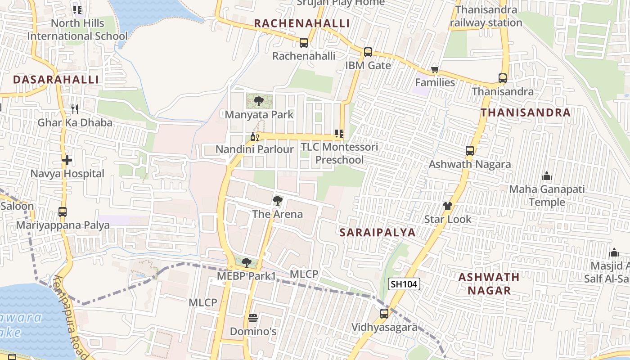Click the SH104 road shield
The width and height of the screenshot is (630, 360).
pyautogui.click(x=404, y=284)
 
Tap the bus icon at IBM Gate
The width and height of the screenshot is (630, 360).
pyautogui.click(x=368, y=52)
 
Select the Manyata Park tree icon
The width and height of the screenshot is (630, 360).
pyautogui.click(x=258, y=101)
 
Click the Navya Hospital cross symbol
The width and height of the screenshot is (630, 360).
pyautogui.click(x=67, y=160)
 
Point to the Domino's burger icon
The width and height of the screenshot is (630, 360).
pyautogui.click(x=252, y=318)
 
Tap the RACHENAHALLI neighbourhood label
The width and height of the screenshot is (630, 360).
pyautogui.click(x=301, y=23)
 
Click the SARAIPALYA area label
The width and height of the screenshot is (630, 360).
pyautogui.click(x=378, y=232)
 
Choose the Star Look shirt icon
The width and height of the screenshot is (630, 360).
pyautogui.click(x=447, y=207)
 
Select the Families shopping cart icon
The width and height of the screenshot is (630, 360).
pyautogui.click(x=435, y=69)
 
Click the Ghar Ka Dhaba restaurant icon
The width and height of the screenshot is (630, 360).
pyautogui.click(x=75, y=109)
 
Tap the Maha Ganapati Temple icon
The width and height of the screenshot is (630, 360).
pyautogui.click(x=547, y=176)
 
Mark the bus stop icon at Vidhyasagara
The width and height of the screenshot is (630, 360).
pyautogui.click(x=384, y=314)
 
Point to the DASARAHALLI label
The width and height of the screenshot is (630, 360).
pyautogui.click(x=56, y=80)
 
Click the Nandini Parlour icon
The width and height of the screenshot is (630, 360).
pyautogui.click(x=254, y=136)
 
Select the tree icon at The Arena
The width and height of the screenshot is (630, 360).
pyautogui.click(x=278, y=201)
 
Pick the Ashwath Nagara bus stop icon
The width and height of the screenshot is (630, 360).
pyautogui.click(x=469, y=151)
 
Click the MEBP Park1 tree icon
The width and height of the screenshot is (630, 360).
pyautogui.click(x=246, y=262)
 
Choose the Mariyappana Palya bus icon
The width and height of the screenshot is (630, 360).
pyautogui.click(x=63, y=212)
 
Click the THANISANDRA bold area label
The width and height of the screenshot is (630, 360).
pyautogui.click(x=525, y=112)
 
